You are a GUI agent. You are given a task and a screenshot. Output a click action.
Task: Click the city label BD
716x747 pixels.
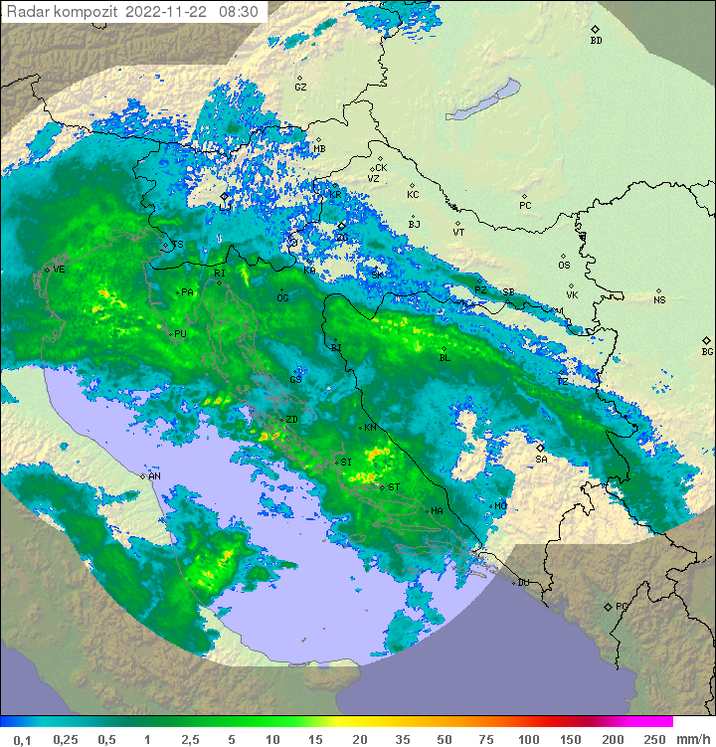[596, 41]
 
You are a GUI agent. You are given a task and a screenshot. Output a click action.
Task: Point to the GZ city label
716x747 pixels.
[300, 88]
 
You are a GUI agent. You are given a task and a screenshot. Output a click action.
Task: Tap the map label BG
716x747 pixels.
[707, 352]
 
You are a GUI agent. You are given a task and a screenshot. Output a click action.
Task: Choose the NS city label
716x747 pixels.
[659, 300]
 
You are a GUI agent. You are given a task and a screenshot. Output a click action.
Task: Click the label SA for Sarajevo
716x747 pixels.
[541, 460]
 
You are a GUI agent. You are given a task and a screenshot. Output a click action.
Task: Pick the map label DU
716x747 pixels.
[523, 583]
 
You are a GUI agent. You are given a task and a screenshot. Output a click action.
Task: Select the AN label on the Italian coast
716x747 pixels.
[154, 476]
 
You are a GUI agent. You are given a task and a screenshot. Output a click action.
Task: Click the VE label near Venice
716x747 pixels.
[59, 270]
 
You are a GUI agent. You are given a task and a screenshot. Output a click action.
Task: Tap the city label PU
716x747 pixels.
[180, 334]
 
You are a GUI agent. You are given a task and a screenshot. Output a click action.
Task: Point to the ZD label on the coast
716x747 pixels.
[291, 420]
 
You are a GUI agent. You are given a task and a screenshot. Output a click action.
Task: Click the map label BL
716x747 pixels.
[445, 358]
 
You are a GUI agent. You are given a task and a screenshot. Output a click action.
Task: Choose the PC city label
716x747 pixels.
[525, 206]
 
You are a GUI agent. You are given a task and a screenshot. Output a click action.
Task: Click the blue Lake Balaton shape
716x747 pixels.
[483, 100]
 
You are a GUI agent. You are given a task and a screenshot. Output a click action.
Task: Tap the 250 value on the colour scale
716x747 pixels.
[653, 739]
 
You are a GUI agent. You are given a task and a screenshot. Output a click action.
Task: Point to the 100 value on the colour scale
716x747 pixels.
[527, 739]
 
